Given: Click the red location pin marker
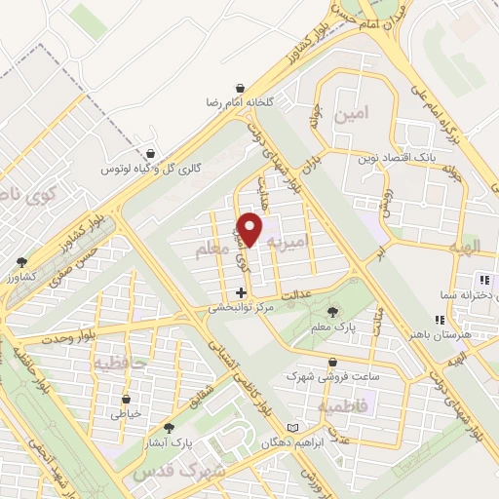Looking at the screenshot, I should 250,230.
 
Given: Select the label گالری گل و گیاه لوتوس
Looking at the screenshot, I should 153,169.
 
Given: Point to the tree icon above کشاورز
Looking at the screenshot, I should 22,261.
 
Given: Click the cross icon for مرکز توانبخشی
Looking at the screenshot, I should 241,292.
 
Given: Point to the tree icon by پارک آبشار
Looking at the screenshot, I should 170,428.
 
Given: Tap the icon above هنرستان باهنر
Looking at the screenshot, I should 441,319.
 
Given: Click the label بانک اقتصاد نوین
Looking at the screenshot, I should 397,155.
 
